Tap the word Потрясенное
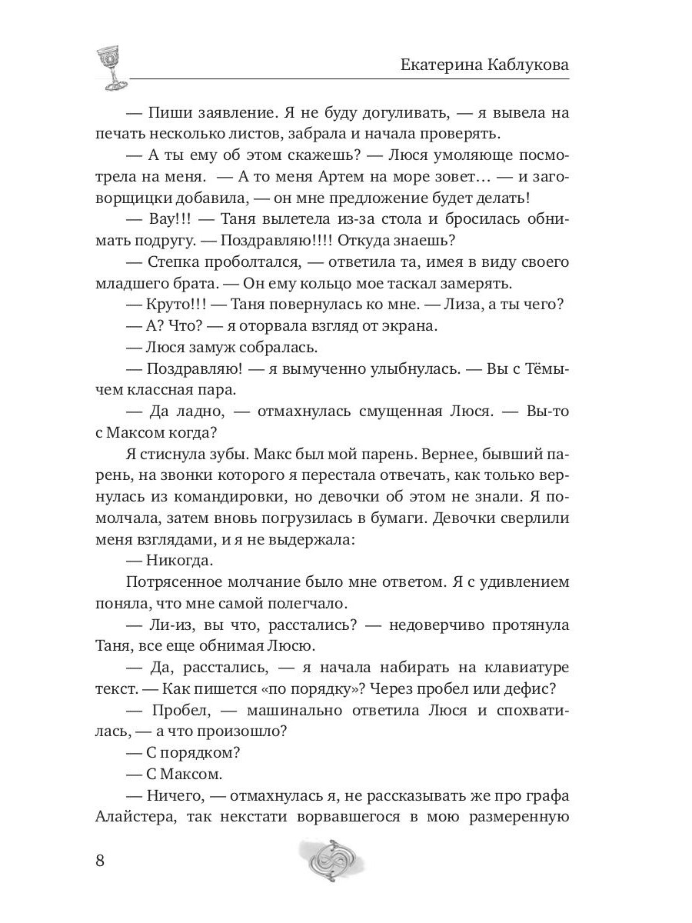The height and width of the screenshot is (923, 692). (x=175, y=582)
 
